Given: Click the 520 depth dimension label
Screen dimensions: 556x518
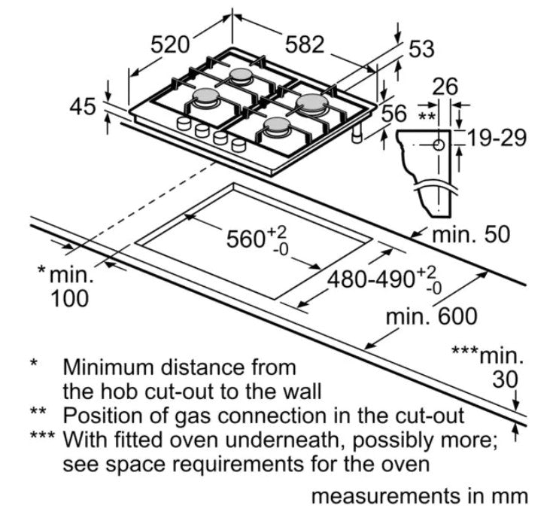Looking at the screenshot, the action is pos(170,45).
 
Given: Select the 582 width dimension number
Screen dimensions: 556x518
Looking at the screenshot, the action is pos(305,44).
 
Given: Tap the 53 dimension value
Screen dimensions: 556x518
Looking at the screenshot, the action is pos(421,49).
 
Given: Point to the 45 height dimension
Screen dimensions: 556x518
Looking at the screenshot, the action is pos(83,106).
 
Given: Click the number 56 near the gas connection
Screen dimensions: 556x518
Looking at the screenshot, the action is pos(394,114).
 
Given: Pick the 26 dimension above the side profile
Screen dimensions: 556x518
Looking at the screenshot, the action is pos(445,87).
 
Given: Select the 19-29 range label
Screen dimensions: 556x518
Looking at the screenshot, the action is pos(496,138).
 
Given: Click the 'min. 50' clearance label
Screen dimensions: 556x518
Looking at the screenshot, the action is pos(471,234).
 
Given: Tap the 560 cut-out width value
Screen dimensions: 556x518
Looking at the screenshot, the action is pos(245,239).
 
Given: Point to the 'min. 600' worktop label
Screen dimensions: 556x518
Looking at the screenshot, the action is pos(431,316).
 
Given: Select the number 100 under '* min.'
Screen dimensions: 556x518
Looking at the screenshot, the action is pos(69,298).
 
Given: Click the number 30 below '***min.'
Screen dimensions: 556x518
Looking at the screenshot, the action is pos(505,380).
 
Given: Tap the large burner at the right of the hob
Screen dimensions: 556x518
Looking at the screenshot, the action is pos(311,103).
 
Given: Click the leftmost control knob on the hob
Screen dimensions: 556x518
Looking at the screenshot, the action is pos(184,123).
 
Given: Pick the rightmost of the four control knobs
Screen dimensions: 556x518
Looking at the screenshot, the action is pos(239,145).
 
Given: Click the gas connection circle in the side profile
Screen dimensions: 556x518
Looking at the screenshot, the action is pos(439,145).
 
